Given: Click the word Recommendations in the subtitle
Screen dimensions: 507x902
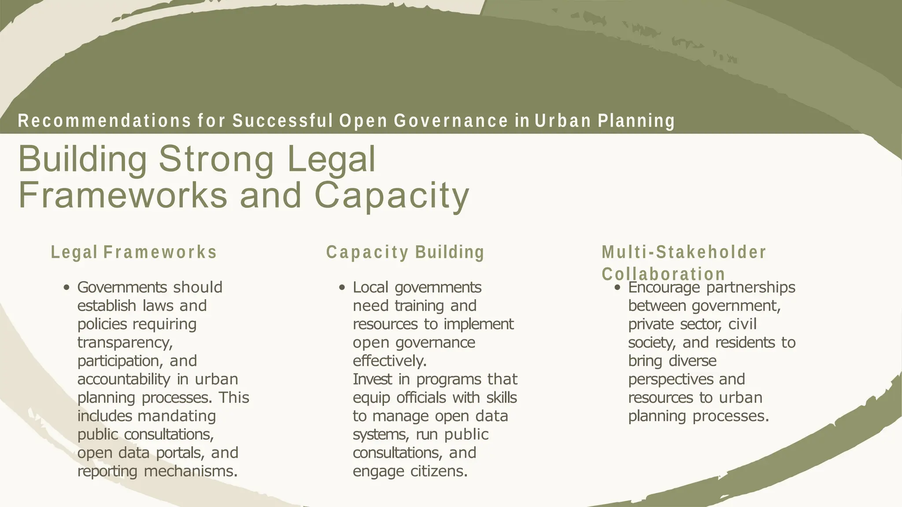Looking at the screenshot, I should pyautogui.click(x=104, y=121).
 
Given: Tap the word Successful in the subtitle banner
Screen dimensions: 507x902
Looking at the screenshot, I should pyautogui.click(x=282, y=121).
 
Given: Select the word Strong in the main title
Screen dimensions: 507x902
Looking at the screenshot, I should pyautogui.click(x=216, y=159).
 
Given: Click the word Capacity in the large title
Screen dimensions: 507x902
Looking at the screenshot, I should pyautogui.click(x=392, y=195).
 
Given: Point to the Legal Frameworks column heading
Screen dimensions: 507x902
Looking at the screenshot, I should pyautogui.click(x=134, y=253).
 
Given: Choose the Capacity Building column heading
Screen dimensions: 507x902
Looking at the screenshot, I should pyautogui.click(x=405, y=253).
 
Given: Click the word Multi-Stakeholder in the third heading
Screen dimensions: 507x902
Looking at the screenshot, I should pyautogui.click(x=684, y=253).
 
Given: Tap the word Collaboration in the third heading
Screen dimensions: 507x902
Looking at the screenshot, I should pyautogui.click(x=663, y=274).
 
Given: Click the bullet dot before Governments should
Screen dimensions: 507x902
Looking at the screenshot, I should pyautogui.click(x=67, y=288).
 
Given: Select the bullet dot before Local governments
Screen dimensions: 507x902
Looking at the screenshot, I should pyautogui.click(x=342, y=288).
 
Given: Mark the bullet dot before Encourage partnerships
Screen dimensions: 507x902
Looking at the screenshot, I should pyautogui.click(x=617, y=288).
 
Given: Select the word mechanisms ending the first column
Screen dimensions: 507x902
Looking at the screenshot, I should pyautogui.click(x=191, y=471).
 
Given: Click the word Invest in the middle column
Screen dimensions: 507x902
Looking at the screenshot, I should pyautogui.click(x=373, y=379).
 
